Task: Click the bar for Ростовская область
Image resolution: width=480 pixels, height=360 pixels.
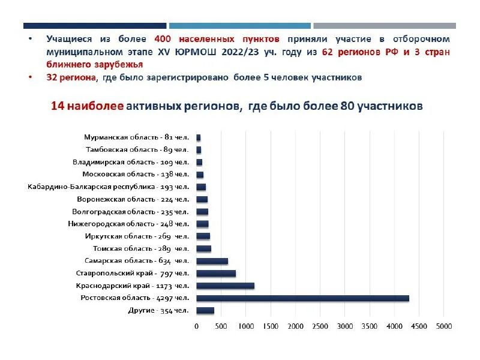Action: (302, 298)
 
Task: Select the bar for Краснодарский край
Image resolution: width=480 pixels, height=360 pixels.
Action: (225, 286)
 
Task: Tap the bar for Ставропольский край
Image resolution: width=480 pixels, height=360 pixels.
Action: (216, 274)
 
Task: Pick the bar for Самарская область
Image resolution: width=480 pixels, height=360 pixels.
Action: (212, 261)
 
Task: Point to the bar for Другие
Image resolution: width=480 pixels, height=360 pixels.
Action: (205, 310)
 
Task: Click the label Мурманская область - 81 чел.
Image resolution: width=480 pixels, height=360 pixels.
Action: (136, 137)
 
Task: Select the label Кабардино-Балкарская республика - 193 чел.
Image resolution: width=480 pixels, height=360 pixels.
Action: (108, 187)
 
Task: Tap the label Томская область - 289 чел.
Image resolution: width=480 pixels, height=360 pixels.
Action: (140, 248)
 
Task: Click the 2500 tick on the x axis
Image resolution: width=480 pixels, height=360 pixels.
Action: (320, 326)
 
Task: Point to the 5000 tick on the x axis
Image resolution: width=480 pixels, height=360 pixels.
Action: (444, 326)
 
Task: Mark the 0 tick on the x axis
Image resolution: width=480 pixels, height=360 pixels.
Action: (197, 326)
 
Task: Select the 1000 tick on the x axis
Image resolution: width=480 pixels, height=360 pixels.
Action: (246, 326)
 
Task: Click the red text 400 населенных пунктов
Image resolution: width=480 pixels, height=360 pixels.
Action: (217, 38)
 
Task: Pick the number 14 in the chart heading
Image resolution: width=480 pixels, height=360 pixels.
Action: (57, 106)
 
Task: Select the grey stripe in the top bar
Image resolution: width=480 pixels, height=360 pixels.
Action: (384, 26)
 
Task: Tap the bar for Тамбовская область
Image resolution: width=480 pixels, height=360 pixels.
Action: (199, 150)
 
